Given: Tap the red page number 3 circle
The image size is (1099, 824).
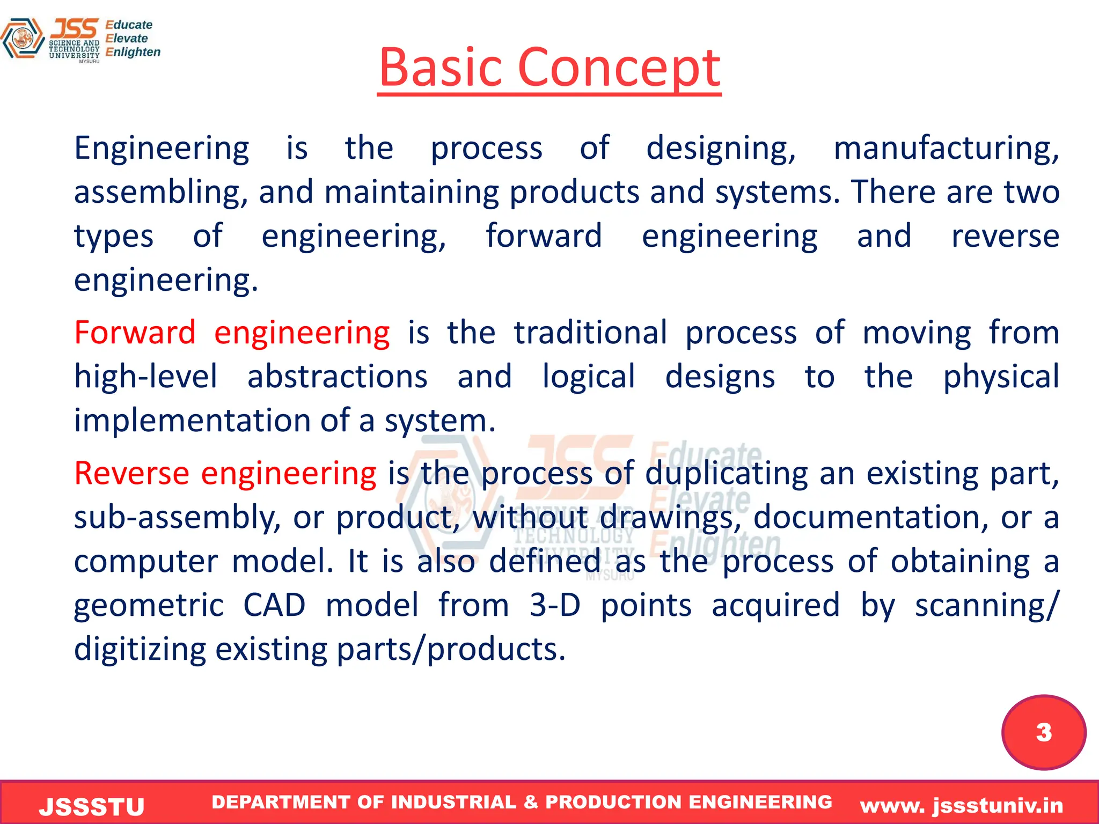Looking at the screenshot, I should pos(1044,732).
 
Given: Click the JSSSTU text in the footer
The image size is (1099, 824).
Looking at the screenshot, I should pos(92,806).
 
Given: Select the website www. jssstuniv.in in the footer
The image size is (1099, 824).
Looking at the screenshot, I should pos(962,805).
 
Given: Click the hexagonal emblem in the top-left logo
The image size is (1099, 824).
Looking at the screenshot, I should pos(22,39).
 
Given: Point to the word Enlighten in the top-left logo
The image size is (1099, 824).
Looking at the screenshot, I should pos(133,52).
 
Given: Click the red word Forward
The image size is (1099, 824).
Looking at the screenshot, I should pos(135,332).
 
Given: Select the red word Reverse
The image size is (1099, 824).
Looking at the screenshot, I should pos(131,473).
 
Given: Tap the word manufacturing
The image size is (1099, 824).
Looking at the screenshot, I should pos(946,148).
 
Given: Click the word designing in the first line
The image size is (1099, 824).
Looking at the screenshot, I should pos(721,148).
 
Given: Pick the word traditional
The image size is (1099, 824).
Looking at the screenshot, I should pos(590,332).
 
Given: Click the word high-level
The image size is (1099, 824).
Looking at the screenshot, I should pos(145,376).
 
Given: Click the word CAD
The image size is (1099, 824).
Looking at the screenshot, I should pos(274,605).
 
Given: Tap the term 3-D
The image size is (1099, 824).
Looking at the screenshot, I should pos(555,605).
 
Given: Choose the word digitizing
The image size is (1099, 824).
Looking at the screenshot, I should pos(140,649).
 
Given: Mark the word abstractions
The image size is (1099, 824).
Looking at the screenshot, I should pos(337,376).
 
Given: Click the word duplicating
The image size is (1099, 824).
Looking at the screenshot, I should pos(726,473).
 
